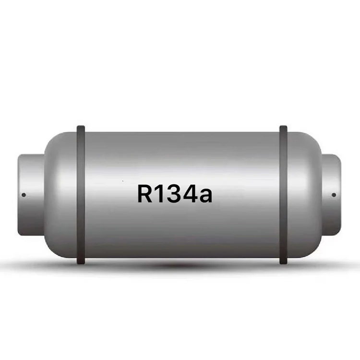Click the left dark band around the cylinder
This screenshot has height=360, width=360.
81,194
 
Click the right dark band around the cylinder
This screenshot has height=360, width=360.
284,194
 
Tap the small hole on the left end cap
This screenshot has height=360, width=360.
24,194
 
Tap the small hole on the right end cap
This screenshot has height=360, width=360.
334,194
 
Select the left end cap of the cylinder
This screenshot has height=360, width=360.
31,194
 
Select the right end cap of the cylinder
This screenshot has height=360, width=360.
331,194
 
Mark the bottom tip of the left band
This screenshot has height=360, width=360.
81,263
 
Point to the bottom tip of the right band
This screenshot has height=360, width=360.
284,263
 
